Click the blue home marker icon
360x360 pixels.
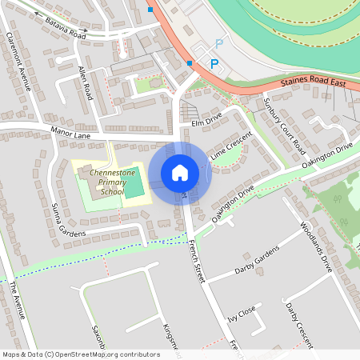180,172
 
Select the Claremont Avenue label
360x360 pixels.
18,63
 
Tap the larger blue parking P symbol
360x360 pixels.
214,63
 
